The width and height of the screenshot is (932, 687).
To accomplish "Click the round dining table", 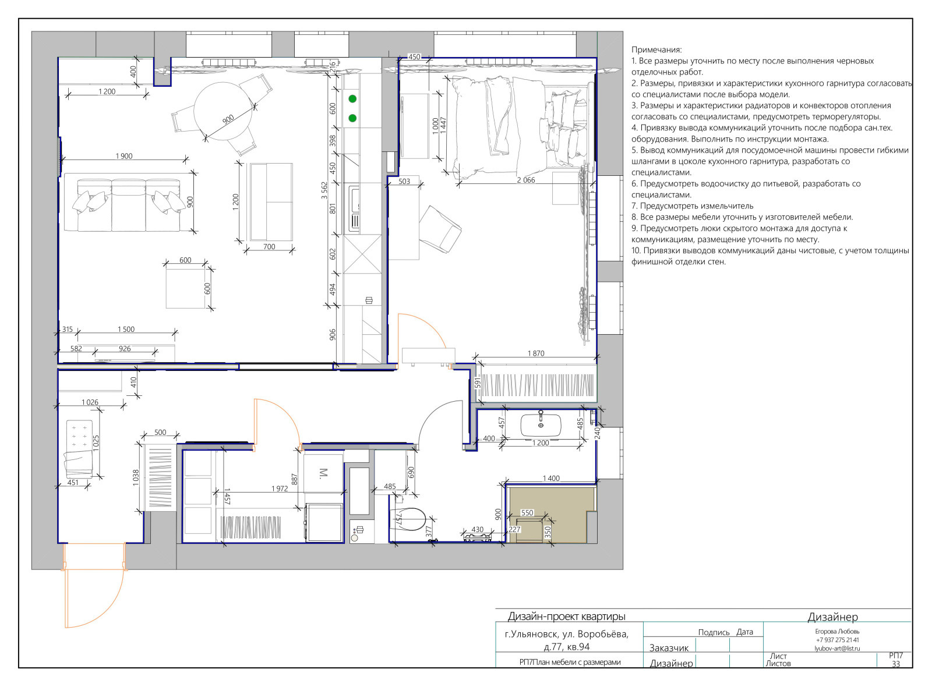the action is click(224, 112).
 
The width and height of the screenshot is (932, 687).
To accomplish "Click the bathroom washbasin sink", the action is click(541, 424).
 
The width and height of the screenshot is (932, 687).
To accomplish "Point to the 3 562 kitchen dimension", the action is click(324, 190).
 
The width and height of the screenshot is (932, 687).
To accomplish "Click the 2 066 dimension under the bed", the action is click(526, 180).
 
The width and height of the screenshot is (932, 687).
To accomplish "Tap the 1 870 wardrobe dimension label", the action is click(536, 353).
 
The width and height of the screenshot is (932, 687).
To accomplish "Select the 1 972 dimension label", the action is click(280, 488).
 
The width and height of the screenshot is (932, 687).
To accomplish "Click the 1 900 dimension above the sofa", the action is click(124, 156).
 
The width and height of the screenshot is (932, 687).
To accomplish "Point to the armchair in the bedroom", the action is click(440, 229).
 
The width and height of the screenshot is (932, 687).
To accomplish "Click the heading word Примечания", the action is click(656, 50).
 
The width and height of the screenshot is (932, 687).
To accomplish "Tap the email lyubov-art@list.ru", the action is click(837, 649).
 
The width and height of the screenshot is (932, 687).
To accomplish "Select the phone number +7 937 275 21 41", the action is click(837, 640).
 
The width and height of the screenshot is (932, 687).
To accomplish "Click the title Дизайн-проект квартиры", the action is click(567, 617).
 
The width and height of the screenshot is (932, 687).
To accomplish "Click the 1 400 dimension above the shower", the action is click(551, 478).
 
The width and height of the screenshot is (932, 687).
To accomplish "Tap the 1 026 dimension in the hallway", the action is click(90, 402).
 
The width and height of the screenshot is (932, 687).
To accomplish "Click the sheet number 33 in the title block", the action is click(896, 664).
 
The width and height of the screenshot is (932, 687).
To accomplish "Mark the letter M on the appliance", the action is click(323, 473).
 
